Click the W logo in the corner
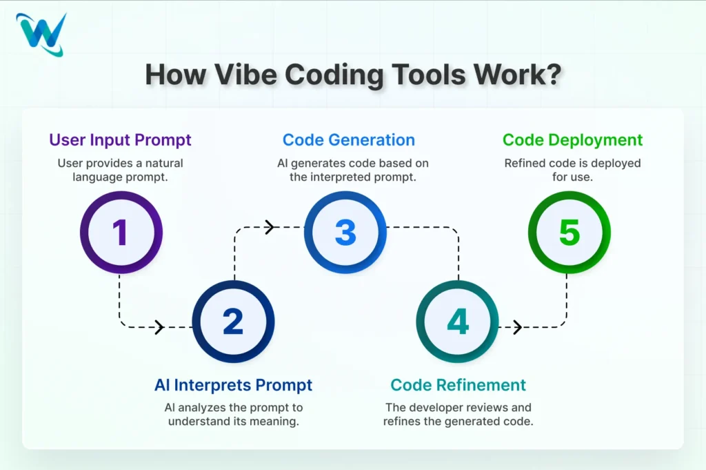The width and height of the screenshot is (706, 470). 42,33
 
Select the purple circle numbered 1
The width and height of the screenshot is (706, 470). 121,233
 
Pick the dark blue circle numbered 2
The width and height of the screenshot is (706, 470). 233,322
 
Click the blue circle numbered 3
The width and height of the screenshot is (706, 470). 345,233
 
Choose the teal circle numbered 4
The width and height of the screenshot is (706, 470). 457,322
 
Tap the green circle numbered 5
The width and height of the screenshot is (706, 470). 569,233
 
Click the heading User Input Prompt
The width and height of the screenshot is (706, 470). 120,140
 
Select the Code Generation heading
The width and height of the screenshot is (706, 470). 349,140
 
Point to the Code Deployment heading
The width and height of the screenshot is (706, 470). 572,140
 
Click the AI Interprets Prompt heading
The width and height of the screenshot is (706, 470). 233,385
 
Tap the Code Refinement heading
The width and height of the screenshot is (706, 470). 458,385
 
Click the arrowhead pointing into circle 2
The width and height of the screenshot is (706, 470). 159,327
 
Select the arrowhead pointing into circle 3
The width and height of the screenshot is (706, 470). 270,226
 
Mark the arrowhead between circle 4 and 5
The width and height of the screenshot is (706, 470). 517,327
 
